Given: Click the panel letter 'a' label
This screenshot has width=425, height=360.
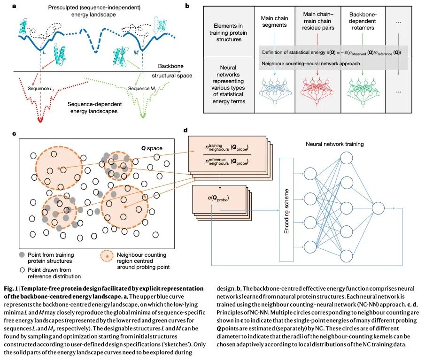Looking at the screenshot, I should (x=15, y=6).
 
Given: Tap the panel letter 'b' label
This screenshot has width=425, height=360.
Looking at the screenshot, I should (x=187, y=6).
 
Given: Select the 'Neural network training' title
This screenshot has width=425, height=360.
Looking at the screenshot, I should (x=334, y=144).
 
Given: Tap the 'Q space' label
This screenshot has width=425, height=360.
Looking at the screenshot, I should (x=152, y=148).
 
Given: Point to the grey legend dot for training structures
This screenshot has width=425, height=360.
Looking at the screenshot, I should (x=22, y=255).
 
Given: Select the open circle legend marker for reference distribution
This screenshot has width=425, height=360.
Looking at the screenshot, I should (x=22, y=269).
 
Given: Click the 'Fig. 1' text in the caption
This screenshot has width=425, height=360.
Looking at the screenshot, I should (x=11, y=288).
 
